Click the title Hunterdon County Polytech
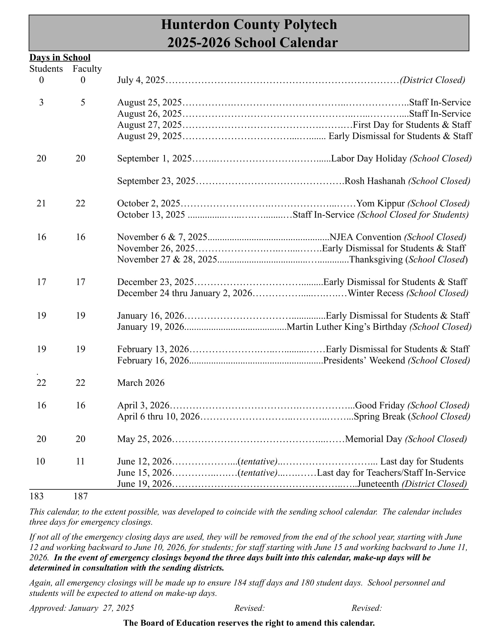click(x=249, y=25)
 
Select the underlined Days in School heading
click(x=60, y=57)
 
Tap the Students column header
click(x=46, y=69)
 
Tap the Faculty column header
click(x=87, y=69)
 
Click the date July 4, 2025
click(x=141, y=80)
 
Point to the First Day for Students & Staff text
click(x=412, y=125)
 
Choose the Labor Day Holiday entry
click(x=369, y=159)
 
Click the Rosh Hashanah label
click(x=375, y=181)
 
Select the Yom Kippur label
click(x=380, y=203)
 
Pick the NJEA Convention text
click(x=365, y=237)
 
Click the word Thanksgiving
click(x=376, y=259)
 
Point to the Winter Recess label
click(x=376, y=293)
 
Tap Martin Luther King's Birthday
click(x=346, y=327)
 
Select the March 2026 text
click(x=141, y=383)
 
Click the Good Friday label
click(x=380, y=405)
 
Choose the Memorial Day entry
click(x=374, y=439)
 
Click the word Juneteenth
click(x=378, y=484)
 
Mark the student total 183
click(x=37, y=496)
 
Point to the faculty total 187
click(x=81, y=496)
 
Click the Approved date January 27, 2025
click(x=101, y=608)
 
